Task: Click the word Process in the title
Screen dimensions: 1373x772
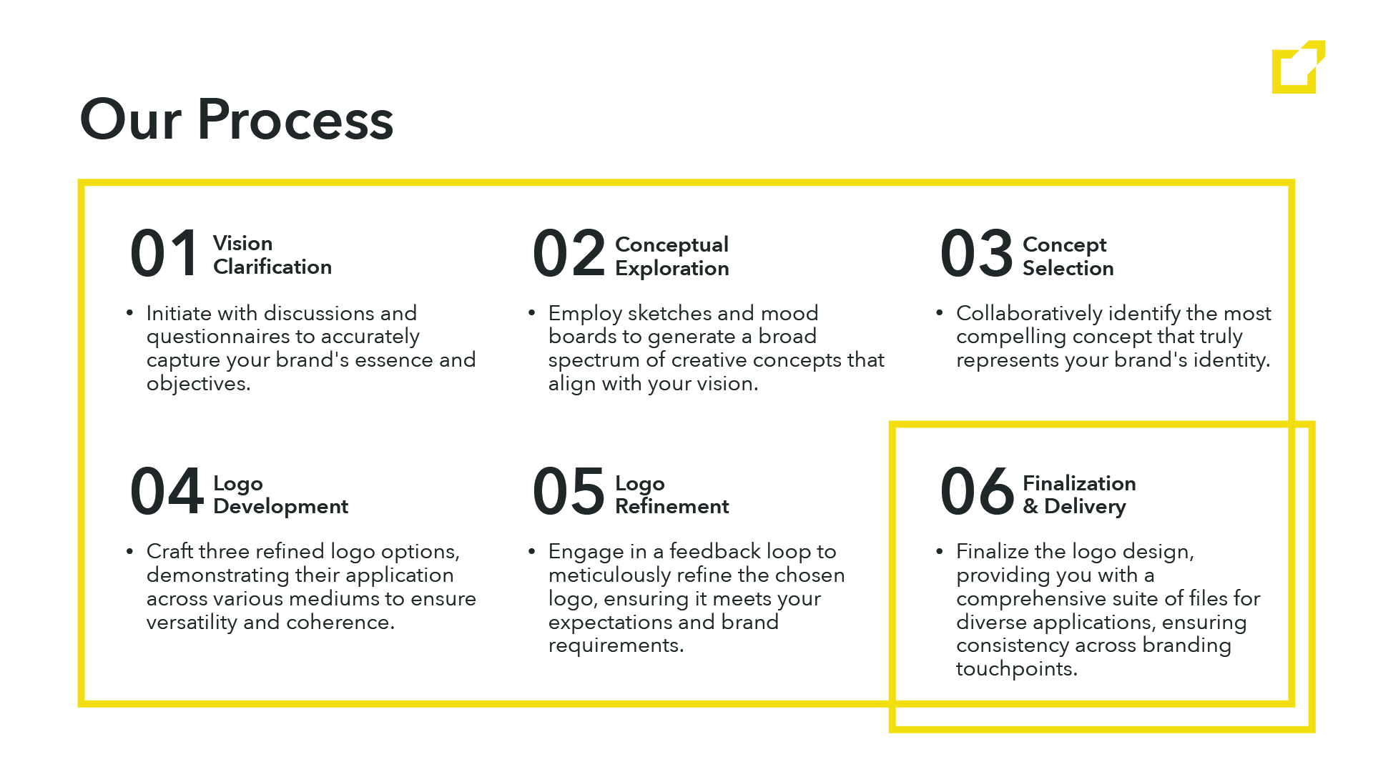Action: point(295,119)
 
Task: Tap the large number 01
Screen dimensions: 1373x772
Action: point(164,253)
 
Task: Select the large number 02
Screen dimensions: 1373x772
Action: point(569,253)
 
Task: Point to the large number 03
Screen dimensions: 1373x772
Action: point(977,253)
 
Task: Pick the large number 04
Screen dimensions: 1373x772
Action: point(167,491)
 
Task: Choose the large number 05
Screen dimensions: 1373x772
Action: point(569,491)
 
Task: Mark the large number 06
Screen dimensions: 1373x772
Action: point(978,491)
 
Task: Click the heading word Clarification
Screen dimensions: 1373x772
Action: point(272,267)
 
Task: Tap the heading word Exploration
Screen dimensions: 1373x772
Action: point(672,269)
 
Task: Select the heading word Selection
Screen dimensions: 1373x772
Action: point(1068,268)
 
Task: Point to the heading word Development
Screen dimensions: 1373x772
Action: point(280,507)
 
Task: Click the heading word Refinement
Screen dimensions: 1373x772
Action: point(672,506)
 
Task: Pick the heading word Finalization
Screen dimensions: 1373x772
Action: point(1079,483)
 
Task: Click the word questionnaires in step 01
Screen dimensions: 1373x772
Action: point(217,337)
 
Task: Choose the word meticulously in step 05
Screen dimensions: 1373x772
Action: point(609,575)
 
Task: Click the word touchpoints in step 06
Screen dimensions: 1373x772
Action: point(1017,669)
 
